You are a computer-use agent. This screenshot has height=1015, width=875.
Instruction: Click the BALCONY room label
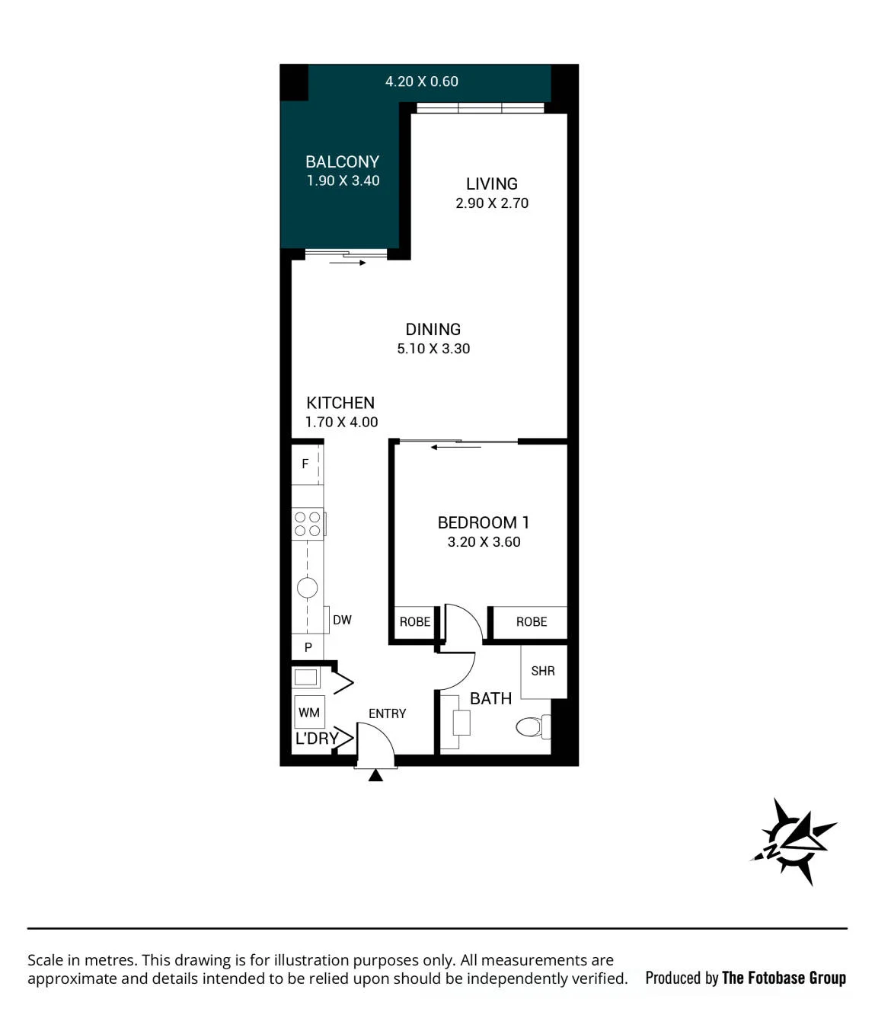coord(342,161)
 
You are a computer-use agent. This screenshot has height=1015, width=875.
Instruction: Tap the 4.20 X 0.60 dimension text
coord(422,81)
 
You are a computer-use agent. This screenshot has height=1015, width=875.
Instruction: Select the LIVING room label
coord(491,184)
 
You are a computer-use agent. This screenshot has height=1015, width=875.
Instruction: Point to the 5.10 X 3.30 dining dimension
coord(433,348)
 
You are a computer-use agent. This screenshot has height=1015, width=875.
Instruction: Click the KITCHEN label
coord(340,403)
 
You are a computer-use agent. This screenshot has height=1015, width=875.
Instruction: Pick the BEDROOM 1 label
coord(484,522)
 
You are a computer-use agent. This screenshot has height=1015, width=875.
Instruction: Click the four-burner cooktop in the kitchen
coord(308,524)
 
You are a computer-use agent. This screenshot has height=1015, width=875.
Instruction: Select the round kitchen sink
coord(307,588)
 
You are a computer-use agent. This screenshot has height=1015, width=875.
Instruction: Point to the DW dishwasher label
coord(342,620)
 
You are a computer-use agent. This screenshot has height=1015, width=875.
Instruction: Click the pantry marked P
coord(308,646)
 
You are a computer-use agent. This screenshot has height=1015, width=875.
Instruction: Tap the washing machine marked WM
coord(309,712)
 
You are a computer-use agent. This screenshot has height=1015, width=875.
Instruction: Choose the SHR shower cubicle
coord(544,672)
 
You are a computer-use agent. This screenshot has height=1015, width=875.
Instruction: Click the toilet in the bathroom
coord(532,726)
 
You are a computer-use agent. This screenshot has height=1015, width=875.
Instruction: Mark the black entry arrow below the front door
coord(375,775)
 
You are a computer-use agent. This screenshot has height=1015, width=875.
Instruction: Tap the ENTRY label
coord(388,713)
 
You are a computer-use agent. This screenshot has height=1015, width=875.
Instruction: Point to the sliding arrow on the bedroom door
coord(455,448)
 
